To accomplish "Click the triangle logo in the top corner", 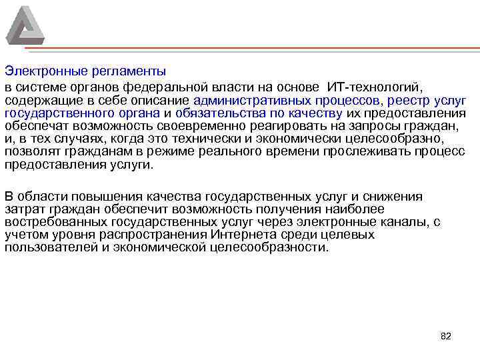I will click(25, 26).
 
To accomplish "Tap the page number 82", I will click(446, 336).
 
